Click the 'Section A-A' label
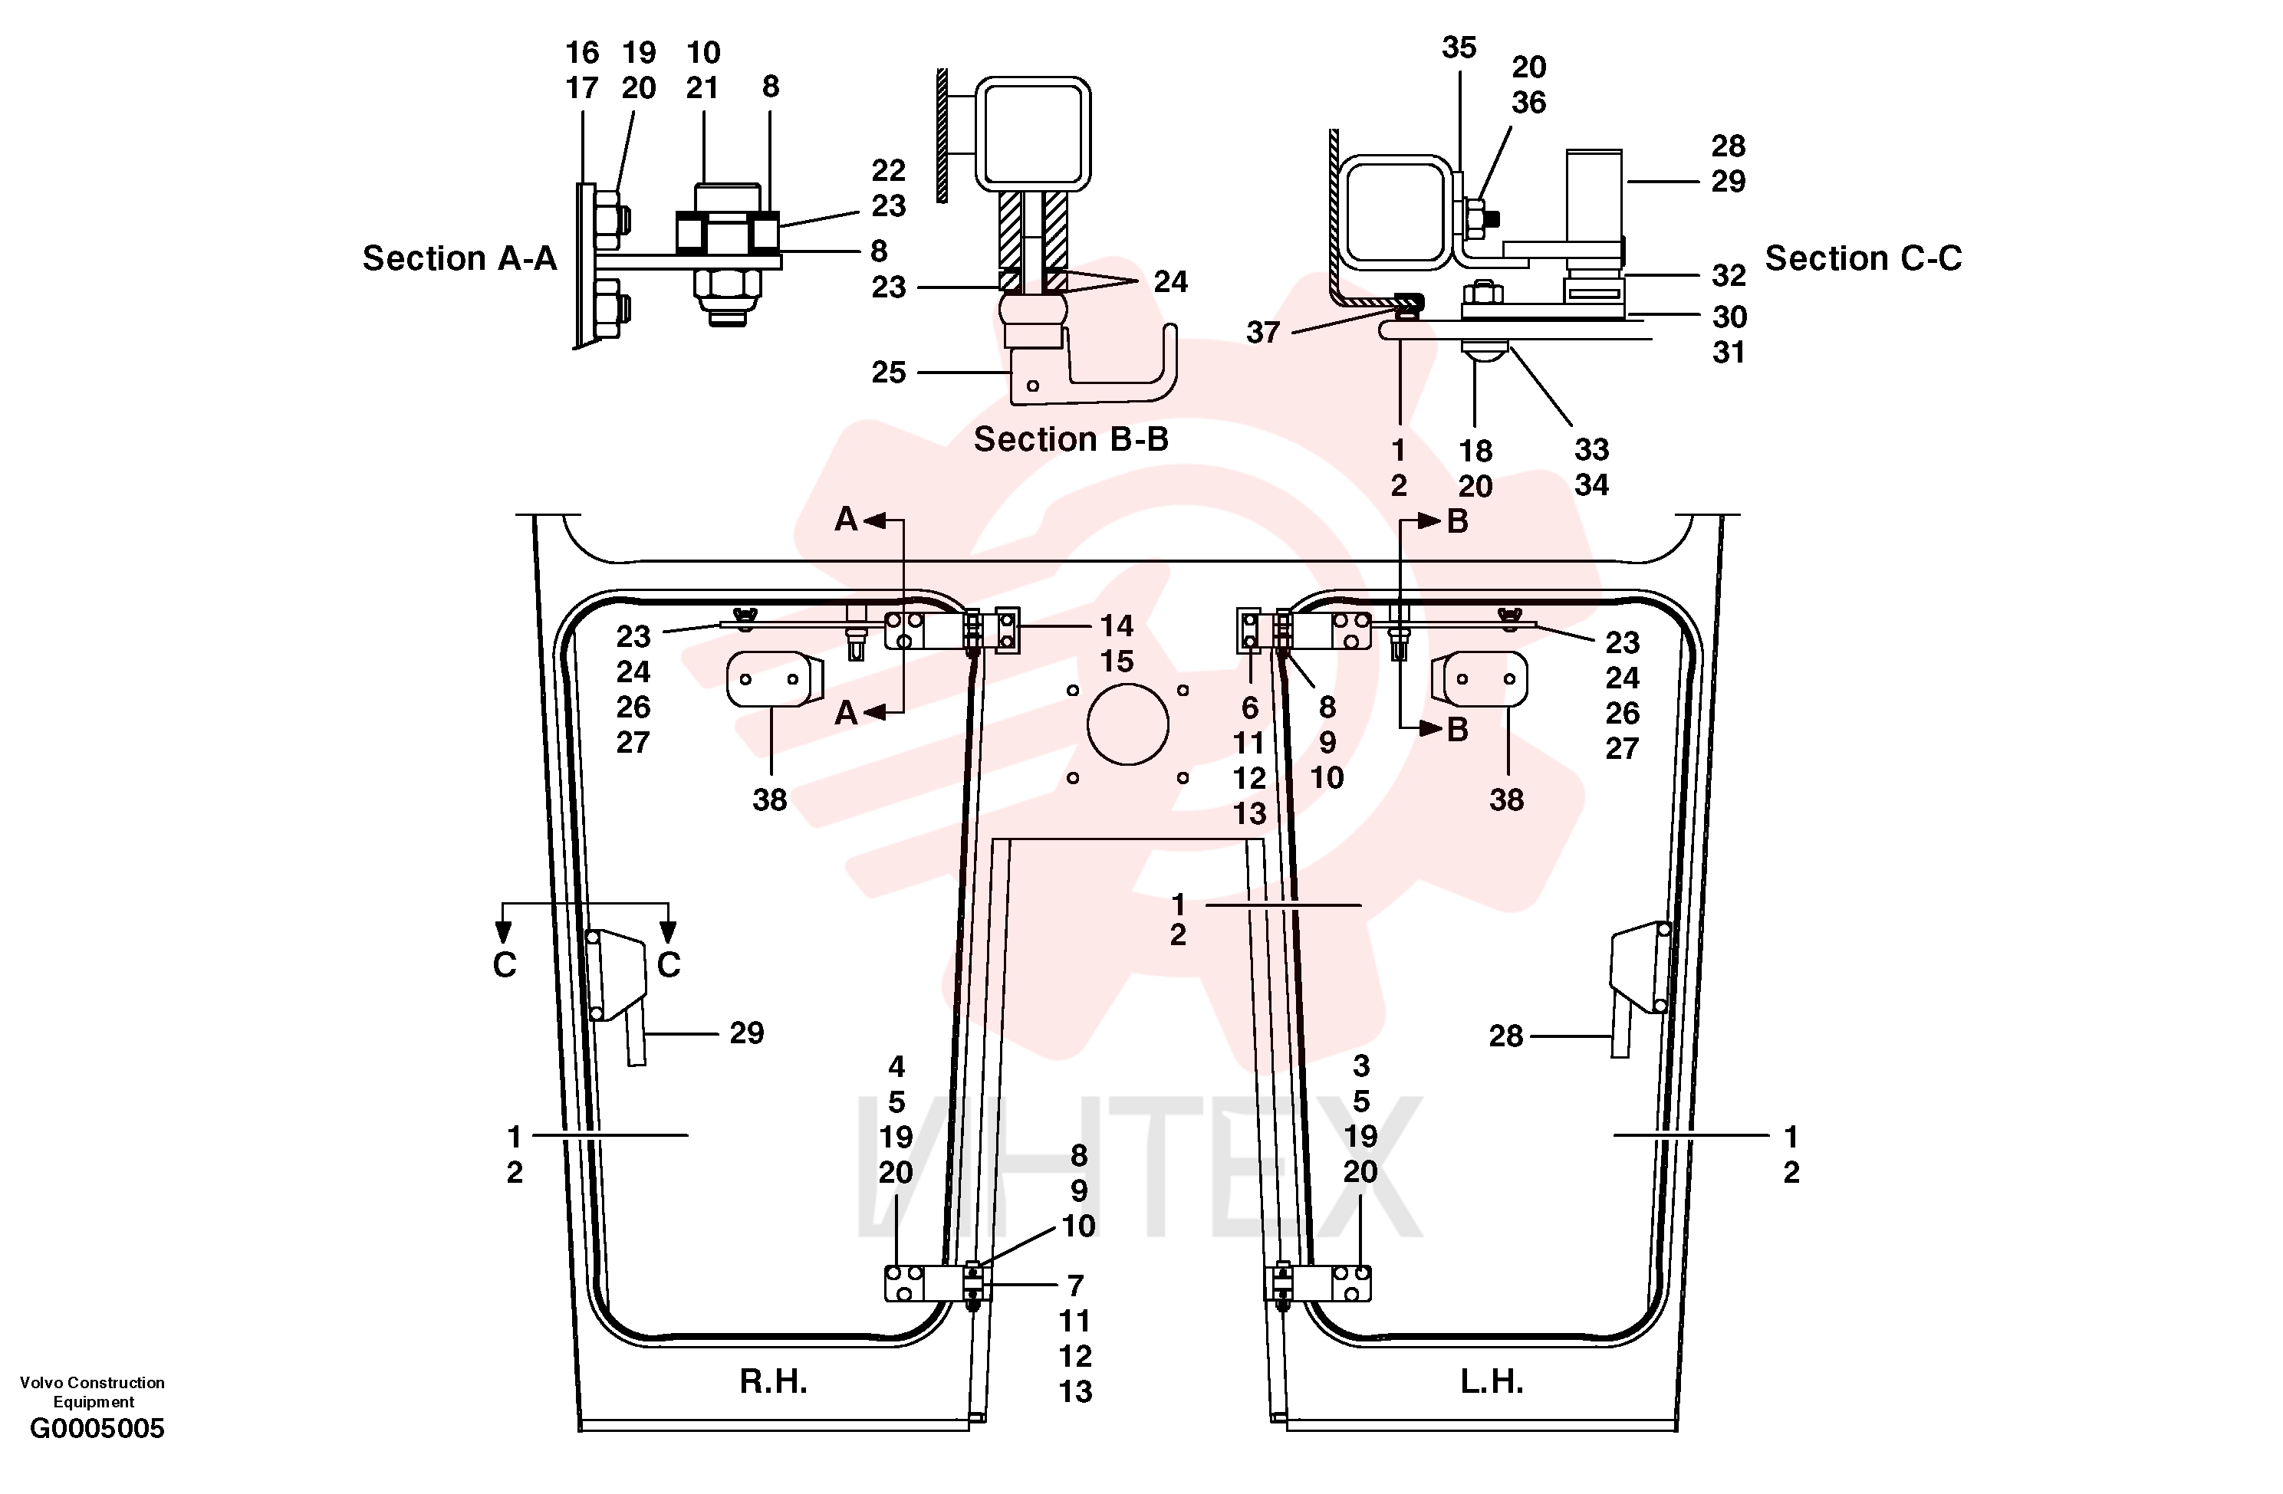pyautogui.click(x=459, y=258)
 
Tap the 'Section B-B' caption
pyautogui.click(x=1071, y=439)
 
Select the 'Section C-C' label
pyautogui.click(x=1863, y=258)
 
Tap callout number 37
pyautogui.click(x=1263, y=333)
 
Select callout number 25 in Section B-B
pyautogui.click(x=888, y=372)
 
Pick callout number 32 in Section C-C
pyautogui.click(x=1729, y=276)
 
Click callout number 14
pyautogui.click(x=1117, y=626)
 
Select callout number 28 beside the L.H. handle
pyautogui.click(x=1506, y=1036)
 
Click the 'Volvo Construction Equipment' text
pyautogui.click(x=93, y=1391)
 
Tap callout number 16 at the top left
pyautogui.click(x=581, y=53)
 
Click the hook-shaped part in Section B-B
pyautogui.click(x=1094, y=374)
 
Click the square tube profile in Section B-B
pyautogui.click(x=1033, y=133)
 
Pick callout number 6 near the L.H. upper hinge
pyautogui.click(x=1250, y=708)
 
